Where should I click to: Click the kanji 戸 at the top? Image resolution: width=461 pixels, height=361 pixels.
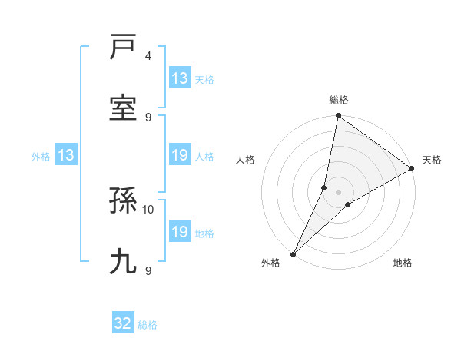click(123, 48)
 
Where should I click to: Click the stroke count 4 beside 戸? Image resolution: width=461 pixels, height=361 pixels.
click(148, 56)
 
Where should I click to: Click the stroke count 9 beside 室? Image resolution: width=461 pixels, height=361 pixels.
click(148, 117)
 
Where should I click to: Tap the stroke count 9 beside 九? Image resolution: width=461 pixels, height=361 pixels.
click(148, 270)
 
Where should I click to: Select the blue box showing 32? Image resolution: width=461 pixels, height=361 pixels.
click(123, 323)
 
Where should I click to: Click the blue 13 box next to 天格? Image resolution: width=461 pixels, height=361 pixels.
click(179, 78)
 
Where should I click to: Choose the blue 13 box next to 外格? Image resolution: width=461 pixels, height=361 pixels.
click(66, 156)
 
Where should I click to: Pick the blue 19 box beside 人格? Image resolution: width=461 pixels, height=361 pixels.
click(179, 156)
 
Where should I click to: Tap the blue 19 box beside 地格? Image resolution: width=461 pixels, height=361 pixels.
click(179, 232)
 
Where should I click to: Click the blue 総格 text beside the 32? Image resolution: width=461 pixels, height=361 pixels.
click(148, 325)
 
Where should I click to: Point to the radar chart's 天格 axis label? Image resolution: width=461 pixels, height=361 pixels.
click(432, 160)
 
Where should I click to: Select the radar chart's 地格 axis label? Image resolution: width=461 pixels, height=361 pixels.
click(403, 263)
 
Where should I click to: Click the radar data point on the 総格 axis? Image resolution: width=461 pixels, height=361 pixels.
click(338, 117)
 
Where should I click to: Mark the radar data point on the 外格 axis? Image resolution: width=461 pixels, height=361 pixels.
click(294, 253)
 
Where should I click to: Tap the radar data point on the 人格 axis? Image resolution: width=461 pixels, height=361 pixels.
click(324, 187)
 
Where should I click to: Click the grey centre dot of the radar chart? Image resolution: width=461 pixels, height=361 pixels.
click(338, 192)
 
